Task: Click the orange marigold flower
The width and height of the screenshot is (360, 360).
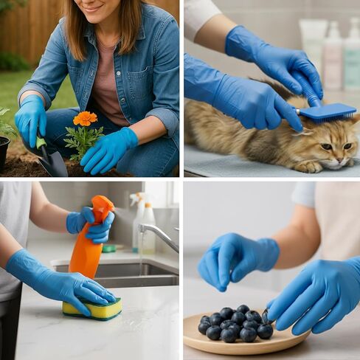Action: click(x=85, y=118)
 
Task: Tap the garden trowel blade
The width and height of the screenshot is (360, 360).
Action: click(x=53, y=164)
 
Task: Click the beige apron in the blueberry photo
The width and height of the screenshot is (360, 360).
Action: click(x=339, y=221)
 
